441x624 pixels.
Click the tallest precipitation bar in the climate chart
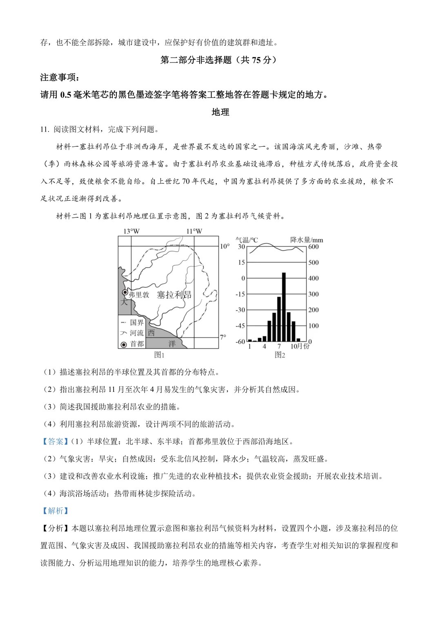[283, 306]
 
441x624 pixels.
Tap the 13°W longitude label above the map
[131, 231]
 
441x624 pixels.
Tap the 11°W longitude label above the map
[194, 231]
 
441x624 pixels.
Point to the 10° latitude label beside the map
[225, 246]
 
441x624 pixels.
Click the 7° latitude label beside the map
[223, 337]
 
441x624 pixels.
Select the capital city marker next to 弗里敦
[125, 293]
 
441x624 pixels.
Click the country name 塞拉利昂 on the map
[174, 295]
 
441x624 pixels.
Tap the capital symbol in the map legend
[124, 344]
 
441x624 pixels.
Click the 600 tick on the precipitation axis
[313, 247]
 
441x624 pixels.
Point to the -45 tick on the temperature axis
[240, 326]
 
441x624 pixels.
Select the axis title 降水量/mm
[306, 240]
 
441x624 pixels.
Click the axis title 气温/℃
[247, 240]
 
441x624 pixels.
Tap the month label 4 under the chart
[264, 347]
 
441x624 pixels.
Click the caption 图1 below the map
[159, 355]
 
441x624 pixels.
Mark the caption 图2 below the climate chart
[280, 355]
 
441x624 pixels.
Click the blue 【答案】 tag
[56, 441]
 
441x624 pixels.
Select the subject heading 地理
[220, 112]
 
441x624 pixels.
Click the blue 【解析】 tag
[56, 511]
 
